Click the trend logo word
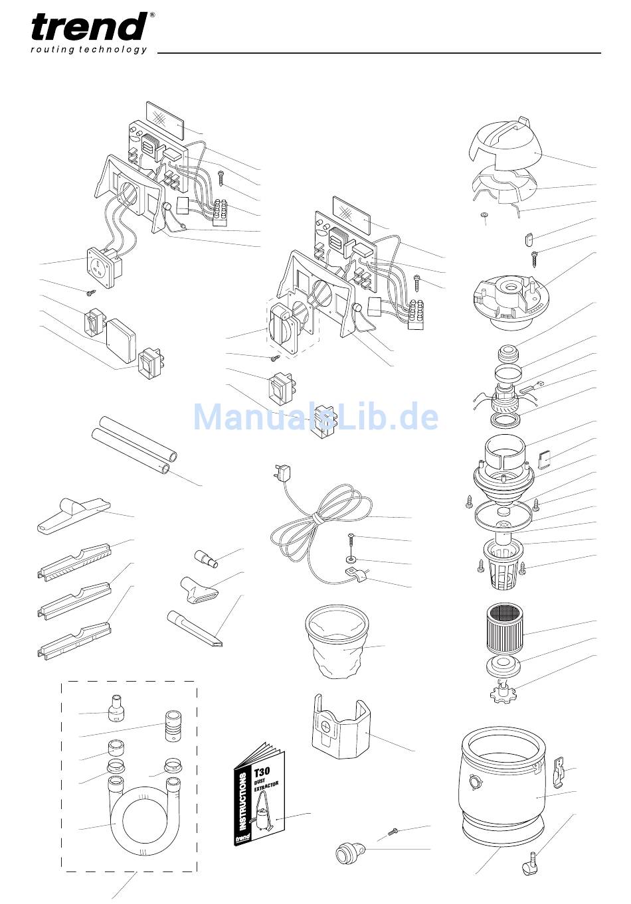coord(89,27)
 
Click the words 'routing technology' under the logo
coord(89,50)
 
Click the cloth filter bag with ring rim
coord(336,641)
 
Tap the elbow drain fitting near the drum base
coord(529,862)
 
